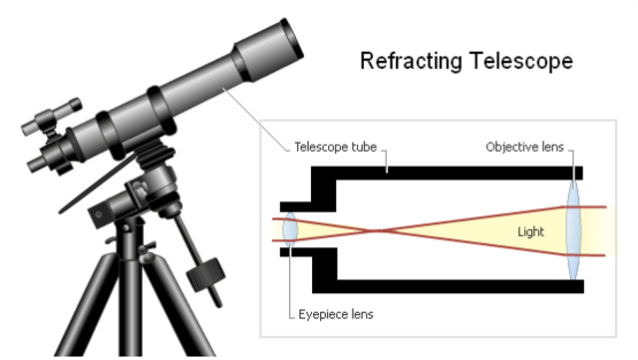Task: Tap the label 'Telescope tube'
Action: (x=333, y=147)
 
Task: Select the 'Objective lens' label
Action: (x=524, y=147)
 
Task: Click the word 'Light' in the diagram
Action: (x=530, y=231)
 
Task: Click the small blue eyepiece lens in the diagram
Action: (x=290, y=229)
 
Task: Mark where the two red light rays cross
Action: (x=374, y=230)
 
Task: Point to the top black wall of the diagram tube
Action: (x=449, y=171)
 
